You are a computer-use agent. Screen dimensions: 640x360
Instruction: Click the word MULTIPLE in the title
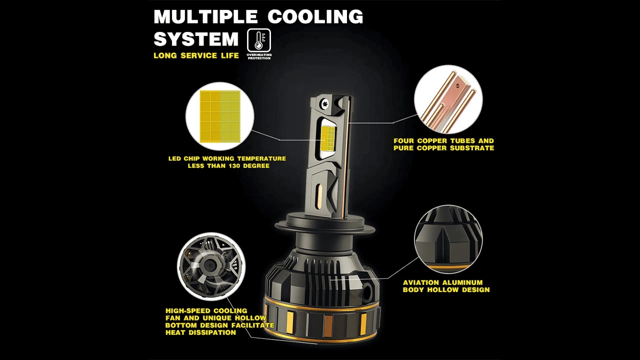pos(205,16)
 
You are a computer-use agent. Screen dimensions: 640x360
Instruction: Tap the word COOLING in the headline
pos(315,16)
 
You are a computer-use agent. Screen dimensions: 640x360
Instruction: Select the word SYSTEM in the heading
pos(196,39)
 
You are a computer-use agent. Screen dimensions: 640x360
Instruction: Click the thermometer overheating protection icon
pos(259,40)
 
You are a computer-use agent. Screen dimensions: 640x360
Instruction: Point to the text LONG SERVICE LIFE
pos(196,55)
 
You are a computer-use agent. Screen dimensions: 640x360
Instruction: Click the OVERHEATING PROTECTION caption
pos(259,56)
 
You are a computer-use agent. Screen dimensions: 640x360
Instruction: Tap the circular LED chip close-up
pos(219,116)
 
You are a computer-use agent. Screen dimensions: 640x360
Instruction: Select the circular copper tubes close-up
pos(448,99)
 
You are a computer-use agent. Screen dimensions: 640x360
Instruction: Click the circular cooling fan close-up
pos(211,266)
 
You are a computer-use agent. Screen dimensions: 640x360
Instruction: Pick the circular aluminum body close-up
pos(448,239)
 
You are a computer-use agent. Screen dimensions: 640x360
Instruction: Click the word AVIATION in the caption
pos(421,282)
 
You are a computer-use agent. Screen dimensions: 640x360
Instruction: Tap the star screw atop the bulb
pos(324,103)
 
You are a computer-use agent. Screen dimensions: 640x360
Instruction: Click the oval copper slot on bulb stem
pos(319,196)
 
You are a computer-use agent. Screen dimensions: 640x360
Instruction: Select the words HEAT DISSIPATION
pos(200,332)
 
